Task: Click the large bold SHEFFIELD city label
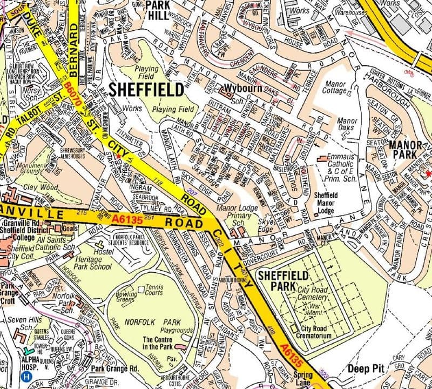[x=146, y=90]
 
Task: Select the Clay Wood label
[x=37, y=187]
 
